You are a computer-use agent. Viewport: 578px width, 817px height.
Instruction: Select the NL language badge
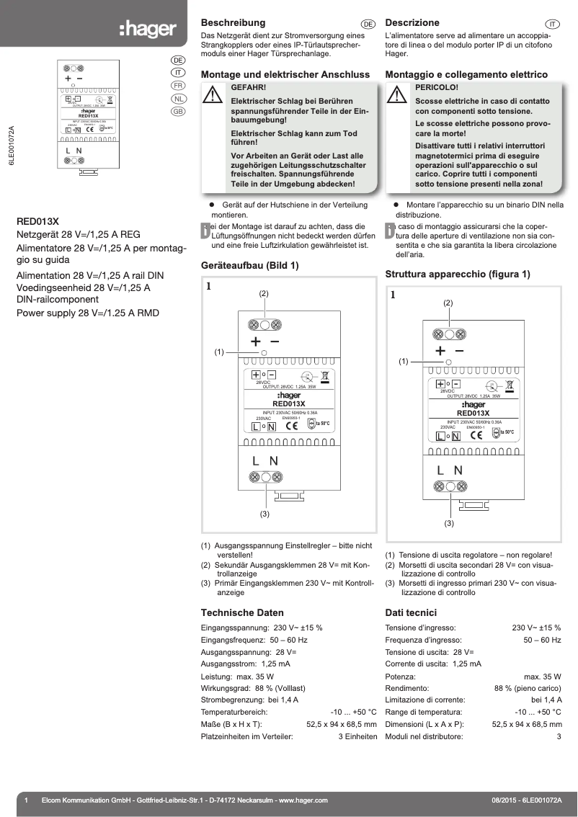click(177, 99)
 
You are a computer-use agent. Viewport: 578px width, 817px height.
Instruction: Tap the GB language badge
click(177, 112)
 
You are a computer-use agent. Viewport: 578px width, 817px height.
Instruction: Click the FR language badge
click(177, 86)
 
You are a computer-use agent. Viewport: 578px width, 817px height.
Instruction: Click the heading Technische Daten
click(242, 612)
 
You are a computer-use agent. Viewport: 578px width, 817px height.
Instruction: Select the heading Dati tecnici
click(412, 612)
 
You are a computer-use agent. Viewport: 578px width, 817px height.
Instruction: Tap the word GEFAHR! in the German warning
click(247, 86)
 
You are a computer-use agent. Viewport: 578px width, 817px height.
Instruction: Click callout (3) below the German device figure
click(264, 514)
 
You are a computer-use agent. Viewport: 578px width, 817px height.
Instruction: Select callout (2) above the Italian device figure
click(448, 303)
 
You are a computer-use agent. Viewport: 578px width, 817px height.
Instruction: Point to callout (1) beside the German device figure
click(219, 352)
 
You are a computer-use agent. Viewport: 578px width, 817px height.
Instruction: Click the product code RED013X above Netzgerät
click(37, 222)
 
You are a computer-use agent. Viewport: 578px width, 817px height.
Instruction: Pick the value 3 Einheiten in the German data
click(357, 736)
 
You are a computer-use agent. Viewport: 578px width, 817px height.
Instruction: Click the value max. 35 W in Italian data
click(542, 677)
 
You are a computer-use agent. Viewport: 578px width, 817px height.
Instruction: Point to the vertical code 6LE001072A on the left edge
click(11, 147)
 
